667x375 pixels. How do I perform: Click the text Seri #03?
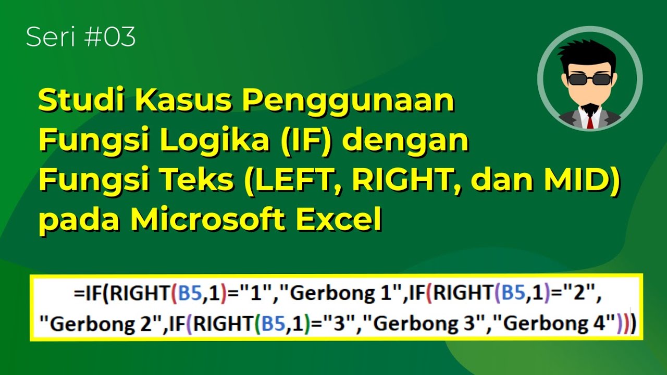click(x=81, y=37)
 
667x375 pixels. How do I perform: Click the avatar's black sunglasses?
click(x=588, y=80)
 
